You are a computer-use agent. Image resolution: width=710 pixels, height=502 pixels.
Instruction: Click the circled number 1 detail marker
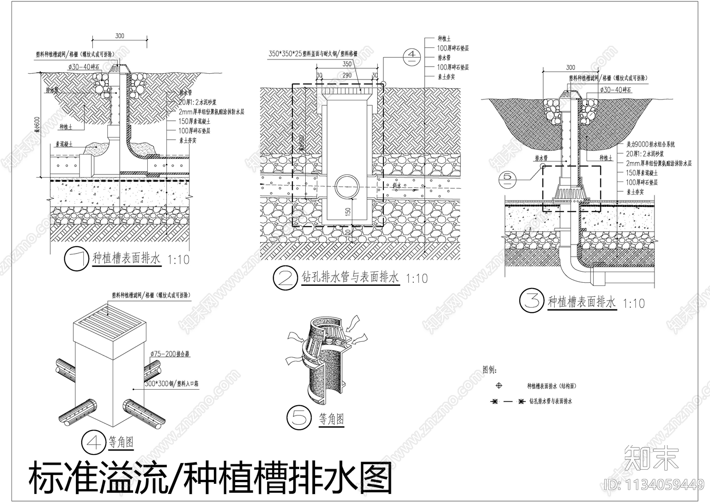(x=77, y=260)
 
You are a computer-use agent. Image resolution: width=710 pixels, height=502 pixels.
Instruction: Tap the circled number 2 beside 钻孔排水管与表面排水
(x=284, y=278)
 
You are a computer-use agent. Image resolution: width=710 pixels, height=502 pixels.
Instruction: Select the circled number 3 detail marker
(x=531, y=301)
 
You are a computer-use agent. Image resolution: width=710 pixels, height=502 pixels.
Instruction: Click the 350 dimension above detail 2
(x=347, y=64)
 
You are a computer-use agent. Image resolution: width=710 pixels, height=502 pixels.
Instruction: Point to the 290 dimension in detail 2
(x=347, y=75)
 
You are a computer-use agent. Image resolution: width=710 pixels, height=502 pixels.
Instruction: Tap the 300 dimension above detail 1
(x=119, y=36)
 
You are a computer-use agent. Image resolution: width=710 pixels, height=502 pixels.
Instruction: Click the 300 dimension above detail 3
(x=570, y=67)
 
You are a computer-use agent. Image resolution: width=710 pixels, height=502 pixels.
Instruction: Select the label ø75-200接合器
(x=170, y=354)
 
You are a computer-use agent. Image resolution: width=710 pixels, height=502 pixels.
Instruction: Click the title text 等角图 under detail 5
(x=331, y=419)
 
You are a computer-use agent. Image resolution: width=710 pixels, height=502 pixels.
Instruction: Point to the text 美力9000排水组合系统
(x=651, y=144)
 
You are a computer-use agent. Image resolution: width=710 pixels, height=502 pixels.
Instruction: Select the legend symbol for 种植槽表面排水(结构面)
(x=499, y=386)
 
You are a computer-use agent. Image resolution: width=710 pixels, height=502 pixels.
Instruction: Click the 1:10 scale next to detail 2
(x=417, y=279)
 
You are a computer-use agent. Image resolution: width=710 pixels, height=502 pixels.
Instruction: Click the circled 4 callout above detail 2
(x=412, y=55)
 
